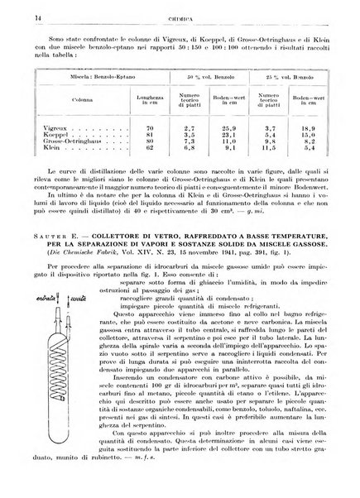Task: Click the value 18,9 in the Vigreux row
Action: pos(316,129)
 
